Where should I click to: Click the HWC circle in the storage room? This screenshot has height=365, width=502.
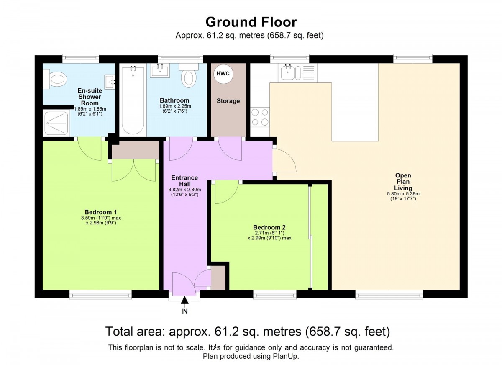pyautogui.click(x=223, y=74)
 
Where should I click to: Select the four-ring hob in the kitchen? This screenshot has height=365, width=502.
pyautogui.click(x=260, y=117)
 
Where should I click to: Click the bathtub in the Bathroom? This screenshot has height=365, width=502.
pyautogui.click(x=133, y=100)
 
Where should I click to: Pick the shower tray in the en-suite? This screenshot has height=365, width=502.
pyautogui.click(x=56, y=123)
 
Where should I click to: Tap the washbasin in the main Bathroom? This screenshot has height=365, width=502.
pyautogui.click(x=160, y=70)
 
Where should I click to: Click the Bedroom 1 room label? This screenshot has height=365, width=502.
pyautogui.click(x=101, y=212)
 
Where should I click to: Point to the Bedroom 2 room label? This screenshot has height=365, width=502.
pyautogui.click(x=269, y=227)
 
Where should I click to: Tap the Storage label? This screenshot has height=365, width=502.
pyautogui.click(x=228, y=101)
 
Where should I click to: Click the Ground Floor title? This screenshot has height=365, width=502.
pyautogui.click(x=251, y=22)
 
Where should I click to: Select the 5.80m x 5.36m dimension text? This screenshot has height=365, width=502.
pyautogui.click(x=403, y=194)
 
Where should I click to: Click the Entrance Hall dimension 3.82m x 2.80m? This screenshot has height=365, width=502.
pyautogui.click(x=184, y=190)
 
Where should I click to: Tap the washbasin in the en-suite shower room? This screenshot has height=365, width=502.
pyautogui.click(x=110, y=82)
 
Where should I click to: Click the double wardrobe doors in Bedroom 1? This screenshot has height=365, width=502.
pyautogui.click(x=134, y=170)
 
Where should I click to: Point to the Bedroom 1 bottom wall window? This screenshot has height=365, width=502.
pyautogui.click(x=100, y=295)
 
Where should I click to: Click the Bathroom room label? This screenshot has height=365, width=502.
pyautogui.click(x=174, y=100)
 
